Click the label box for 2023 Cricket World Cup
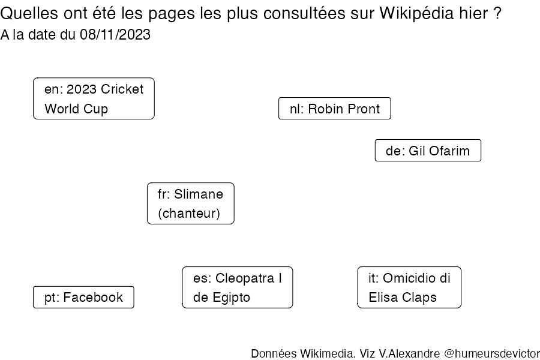(94, 98)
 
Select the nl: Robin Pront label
(334, 109)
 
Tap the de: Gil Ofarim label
(428, 150)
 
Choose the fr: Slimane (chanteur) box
(190, 203)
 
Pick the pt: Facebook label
(83, 297)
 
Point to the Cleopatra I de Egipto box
(237, 287)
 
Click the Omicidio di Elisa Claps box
(409, 287)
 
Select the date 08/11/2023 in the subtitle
(115, 34)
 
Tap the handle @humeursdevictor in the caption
(492, 353)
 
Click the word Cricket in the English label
(122, 89)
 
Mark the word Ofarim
(449, 151)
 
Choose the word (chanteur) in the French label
(189, 214)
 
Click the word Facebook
(93, 298)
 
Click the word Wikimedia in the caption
(328, 353)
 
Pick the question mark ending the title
(497, 13)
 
